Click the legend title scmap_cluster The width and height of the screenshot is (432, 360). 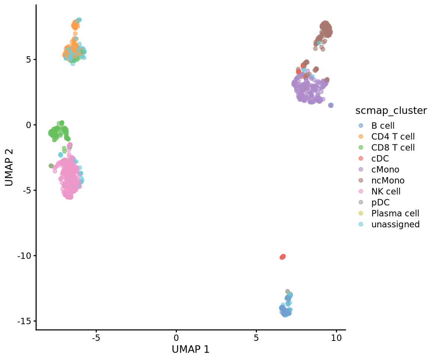coord(391,111)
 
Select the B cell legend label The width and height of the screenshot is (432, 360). coord(383,126)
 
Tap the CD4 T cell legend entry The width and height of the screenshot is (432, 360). coord(393,136)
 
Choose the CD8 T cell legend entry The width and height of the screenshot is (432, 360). coord(393,148)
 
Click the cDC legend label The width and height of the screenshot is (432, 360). coord(380,159)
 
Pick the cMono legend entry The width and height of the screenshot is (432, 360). coord(385,169)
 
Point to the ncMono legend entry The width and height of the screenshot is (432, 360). coord(388,180)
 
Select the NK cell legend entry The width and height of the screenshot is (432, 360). coord(386,192)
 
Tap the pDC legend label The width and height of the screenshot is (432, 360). coord(380,202)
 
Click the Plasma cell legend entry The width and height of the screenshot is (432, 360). coord(395,213)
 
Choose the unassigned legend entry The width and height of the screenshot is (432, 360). coord(395,224)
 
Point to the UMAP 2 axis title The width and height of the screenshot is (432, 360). coord(9,167)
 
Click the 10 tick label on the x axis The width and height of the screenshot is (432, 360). coord(336,337)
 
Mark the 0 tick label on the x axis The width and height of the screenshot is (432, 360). coord(176,337)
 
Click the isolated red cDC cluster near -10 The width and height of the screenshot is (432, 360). coord(283,257)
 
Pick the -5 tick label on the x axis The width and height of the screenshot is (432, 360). coord(96,337)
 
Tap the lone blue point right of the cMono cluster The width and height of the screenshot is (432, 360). coord(331,105)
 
